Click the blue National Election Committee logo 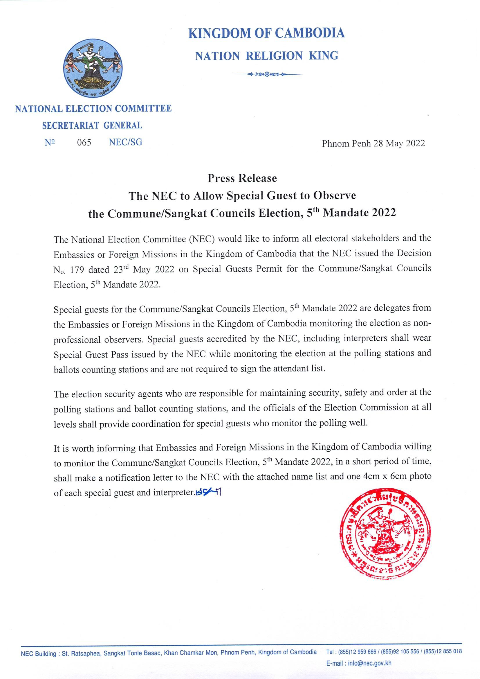point(93,68)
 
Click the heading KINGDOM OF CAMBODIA point(266,33)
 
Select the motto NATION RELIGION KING point(267,56)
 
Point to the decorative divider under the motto point(267,74)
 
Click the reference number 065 point(84,143)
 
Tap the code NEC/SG point(125,142)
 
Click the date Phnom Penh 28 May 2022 point(373,143)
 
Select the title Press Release point(242,178)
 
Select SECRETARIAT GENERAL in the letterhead point(92,126)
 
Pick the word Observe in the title point(335,195)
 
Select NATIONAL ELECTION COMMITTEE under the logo point(93,109)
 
